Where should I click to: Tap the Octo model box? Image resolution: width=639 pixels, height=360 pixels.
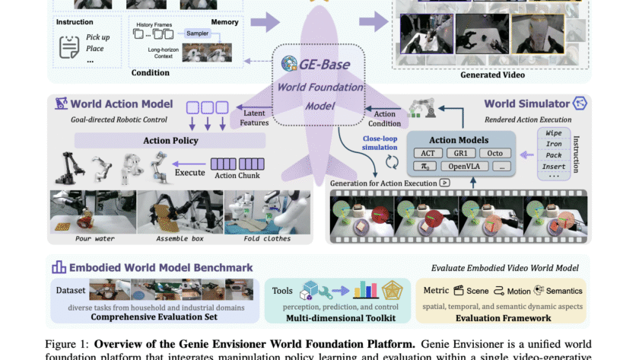[495, 153]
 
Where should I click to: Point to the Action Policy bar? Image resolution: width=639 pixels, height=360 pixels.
[170, 140]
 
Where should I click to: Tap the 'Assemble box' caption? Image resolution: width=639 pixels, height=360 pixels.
[180, 238]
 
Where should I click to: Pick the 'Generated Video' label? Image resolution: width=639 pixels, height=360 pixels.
[492, 75]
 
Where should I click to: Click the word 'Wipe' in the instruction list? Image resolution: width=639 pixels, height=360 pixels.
[553, 132]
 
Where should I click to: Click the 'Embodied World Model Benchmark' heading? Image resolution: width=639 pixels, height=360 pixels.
[161, 267]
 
